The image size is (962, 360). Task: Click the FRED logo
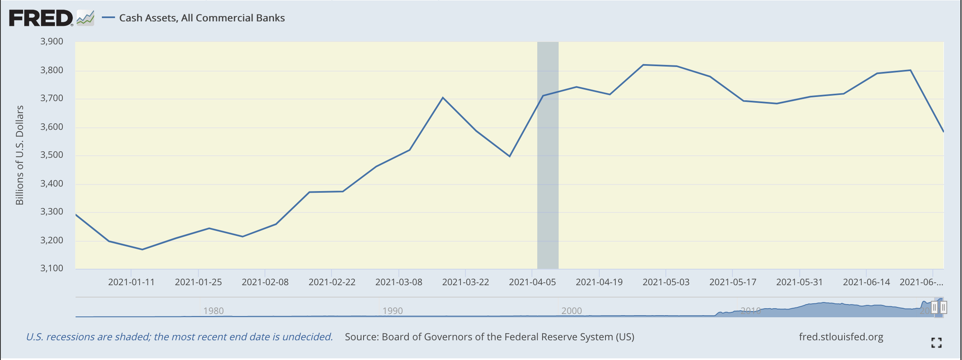tap(41, 18)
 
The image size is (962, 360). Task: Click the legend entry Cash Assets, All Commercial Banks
tap(202, 18)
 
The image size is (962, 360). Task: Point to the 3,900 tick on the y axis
tap(52, 42)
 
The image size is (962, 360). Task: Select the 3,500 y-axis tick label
tap(52, 155)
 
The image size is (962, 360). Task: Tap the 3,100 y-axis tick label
tap(52, 268)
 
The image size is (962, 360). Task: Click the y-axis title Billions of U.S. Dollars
tap(20, 155)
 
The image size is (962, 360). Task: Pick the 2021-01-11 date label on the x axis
tap(131, 282)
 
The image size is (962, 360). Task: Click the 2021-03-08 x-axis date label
tap(398, 282)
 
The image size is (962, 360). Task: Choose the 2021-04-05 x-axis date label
tap(532, 282)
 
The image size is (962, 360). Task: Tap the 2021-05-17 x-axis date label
tap(733, 282)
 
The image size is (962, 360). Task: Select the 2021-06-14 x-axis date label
tap(866, 282)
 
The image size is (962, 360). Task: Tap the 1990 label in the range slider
tap(392, 311)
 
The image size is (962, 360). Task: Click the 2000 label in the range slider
tap(571, 311)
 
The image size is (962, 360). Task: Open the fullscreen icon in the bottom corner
tap(936, 343)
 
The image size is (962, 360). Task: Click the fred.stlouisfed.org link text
tap(841, 337)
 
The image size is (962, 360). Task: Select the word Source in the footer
tap(361, 337)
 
